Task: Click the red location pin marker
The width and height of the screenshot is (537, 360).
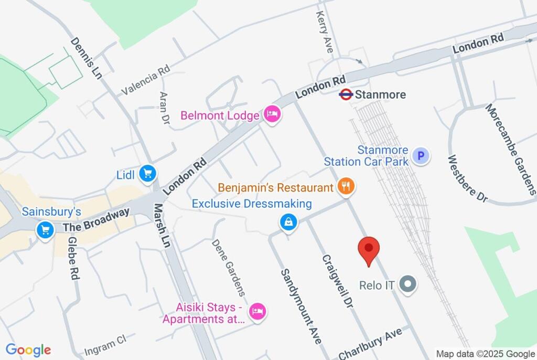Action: (369, 249)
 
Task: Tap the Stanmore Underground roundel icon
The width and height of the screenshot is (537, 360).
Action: (346, 95)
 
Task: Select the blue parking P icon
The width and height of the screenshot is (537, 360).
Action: (421, 156)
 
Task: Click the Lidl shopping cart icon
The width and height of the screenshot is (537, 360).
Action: (148, 173)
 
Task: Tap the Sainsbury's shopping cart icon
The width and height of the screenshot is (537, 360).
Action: (46, 229)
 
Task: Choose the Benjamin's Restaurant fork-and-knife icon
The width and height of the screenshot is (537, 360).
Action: (346, 187)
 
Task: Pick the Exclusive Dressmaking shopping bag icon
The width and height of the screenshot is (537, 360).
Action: (288, 223)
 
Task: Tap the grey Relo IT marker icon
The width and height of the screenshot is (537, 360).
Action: (407, 285)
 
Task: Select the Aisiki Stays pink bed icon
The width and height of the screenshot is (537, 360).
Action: (257, 312)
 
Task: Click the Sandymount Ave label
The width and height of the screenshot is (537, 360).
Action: (300, 306)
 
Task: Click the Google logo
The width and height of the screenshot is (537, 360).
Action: (28, 350)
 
